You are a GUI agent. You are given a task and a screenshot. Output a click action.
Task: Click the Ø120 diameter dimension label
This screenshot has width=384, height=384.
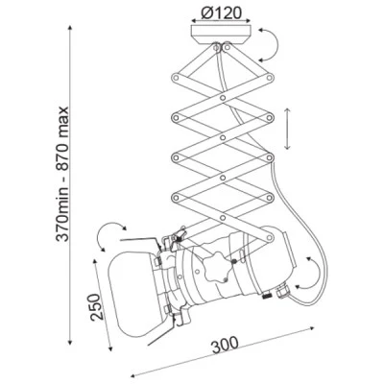point(222,12)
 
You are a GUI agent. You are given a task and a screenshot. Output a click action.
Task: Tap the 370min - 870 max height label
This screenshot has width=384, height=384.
point(62,174)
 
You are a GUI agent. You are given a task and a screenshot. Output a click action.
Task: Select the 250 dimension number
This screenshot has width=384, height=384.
point(97,307)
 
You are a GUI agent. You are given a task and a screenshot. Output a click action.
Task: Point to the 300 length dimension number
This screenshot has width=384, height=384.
point(225,345)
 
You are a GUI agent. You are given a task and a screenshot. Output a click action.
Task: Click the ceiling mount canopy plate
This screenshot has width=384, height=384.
point(221,35)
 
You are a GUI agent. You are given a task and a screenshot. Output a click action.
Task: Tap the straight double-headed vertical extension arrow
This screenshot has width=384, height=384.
point(287,129)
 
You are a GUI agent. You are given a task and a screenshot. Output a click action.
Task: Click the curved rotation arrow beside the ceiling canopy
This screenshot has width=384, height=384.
point(270,44)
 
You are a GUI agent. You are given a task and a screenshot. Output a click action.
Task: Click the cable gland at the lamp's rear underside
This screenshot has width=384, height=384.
point(282,291)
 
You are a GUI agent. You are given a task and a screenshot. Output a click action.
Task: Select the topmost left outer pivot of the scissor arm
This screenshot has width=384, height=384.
point(176,78)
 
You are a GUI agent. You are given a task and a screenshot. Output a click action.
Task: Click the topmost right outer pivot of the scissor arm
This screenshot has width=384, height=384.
point(270,77)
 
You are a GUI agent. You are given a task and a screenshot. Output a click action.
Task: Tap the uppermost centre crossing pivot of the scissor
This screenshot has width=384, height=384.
point(223,98)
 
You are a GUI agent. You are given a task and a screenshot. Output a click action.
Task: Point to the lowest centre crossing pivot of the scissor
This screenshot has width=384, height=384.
point(223,218)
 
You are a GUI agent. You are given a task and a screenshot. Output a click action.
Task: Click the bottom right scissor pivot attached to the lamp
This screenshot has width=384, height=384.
point(270,238)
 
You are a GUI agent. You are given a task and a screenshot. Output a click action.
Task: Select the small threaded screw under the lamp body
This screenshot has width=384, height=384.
point(267,296)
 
